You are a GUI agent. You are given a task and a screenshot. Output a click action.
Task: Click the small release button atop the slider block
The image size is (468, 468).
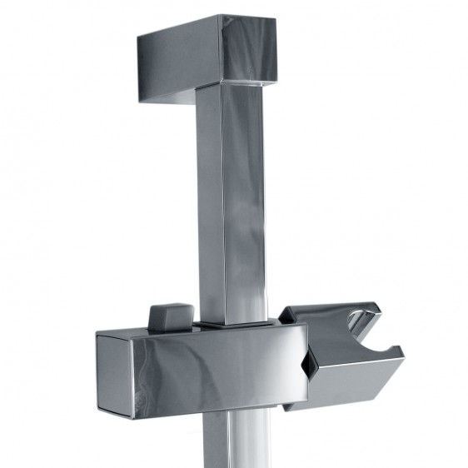pos(169,317)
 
